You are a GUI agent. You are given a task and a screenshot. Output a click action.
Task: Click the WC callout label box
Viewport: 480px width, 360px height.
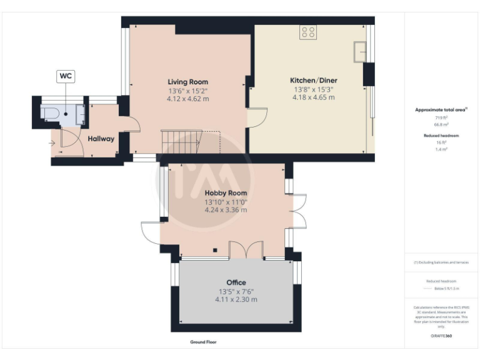point(66,76)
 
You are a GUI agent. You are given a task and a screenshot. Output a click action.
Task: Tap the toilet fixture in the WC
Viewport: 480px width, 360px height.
point(50,113)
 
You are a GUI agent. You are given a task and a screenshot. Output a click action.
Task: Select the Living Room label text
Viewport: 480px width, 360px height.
point(187,82)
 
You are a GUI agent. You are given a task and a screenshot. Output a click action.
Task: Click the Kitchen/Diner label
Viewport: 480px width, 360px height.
point(312,81)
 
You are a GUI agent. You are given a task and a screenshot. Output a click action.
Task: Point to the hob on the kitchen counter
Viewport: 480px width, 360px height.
point(308,32)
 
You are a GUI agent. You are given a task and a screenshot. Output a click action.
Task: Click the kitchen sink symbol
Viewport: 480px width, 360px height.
point(360,51)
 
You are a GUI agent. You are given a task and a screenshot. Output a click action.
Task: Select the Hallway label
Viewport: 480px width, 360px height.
point(101,138)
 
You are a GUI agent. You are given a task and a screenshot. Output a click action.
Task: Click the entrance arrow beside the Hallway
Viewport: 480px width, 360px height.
point(51,142)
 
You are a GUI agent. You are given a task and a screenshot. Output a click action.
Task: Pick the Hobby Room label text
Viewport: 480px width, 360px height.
point(226,193)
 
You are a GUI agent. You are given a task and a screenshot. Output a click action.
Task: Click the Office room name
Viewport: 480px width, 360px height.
point(236,282)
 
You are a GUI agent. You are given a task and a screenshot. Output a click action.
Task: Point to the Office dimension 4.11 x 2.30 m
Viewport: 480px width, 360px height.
point(236,299)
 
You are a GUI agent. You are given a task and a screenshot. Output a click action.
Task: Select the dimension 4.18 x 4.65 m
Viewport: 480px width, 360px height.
point(313,98)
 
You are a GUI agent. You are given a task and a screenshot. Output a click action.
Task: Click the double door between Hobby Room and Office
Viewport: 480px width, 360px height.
point(246,249)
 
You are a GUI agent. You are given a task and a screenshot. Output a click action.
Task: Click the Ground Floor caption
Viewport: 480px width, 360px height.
point(203,342)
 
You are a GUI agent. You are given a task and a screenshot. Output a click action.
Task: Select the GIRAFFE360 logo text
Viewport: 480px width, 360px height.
point(441,336)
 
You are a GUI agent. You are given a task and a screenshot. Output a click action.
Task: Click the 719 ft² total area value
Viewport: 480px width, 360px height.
point(441,117)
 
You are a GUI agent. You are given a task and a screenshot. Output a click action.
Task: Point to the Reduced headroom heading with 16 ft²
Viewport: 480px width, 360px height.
point(441,136)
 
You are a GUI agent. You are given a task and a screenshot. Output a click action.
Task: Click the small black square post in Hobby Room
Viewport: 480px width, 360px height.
point(214,250)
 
